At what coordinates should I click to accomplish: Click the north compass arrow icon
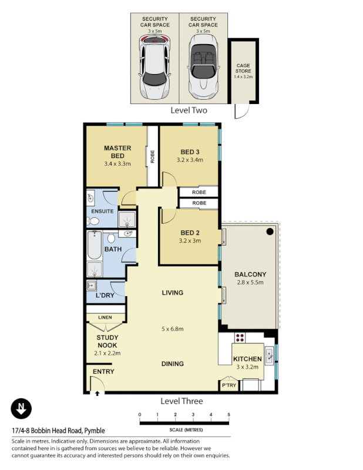tap(22, 409)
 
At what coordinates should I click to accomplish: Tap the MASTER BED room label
tap(117, 152)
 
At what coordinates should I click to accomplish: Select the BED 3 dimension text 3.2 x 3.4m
tap(189, 160)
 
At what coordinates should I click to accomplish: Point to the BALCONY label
tap(250, 274)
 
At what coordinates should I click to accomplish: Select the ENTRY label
tap(103, 372)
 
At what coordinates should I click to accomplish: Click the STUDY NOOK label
tap(107, 341)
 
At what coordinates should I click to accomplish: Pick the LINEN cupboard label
tap(105, 318)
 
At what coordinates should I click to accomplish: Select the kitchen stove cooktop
tap(240, 338)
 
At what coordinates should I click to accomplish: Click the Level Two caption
tap(189, 110)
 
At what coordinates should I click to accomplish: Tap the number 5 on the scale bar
tap(228, 415)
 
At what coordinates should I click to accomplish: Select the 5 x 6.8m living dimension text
tap(172, 328)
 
